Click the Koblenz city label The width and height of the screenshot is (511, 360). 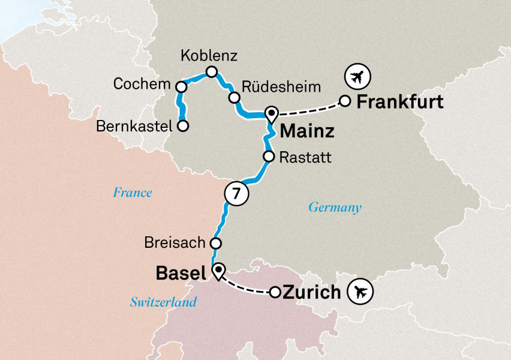click(209, 56)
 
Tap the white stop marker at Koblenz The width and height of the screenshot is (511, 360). click(211, 72)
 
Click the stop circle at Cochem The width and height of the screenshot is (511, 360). click(181, 87)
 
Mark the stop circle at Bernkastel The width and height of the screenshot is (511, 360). click(183, 126)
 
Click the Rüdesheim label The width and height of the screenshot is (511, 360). click(277, 85)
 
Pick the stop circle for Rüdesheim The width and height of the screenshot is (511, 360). click(233, 98)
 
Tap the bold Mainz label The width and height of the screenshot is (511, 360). click(307, 130)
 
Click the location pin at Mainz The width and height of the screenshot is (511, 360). click(271, 113)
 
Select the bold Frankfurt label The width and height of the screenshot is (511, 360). click(399, 101)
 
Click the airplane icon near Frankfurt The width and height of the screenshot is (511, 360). click(358, 77)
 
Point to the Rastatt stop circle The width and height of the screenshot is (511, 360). click(269, 157)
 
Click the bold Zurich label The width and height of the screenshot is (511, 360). click(311, 293)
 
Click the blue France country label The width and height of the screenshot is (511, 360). click(133, 193)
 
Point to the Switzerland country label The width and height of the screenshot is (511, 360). click(163, 302)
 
